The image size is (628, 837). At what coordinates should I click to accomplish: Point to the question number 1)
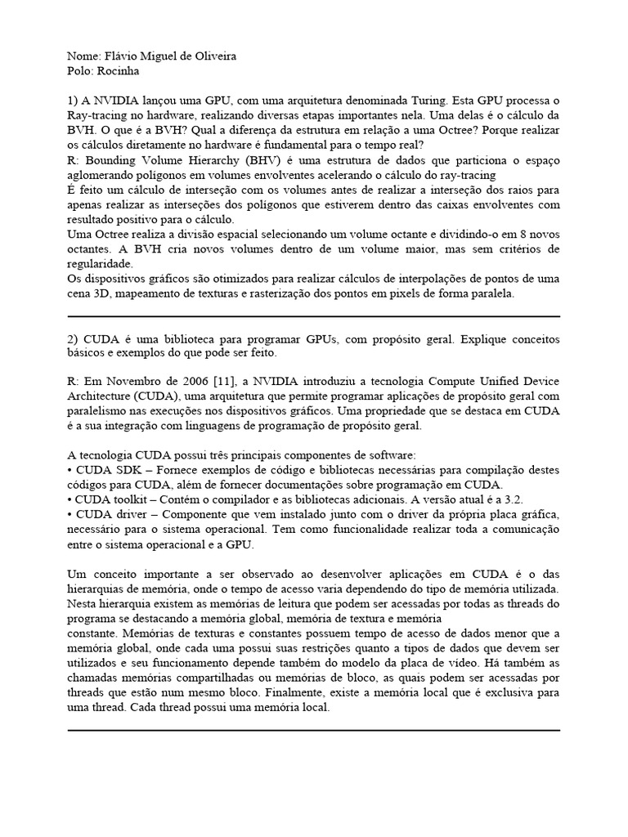(x=73, y=101)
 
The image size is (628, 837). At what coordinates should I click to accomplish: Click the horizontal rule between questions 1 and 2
(x=314, y=316)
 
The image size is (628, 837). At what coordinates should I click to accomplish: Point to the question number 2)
(x=73, y=338)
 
